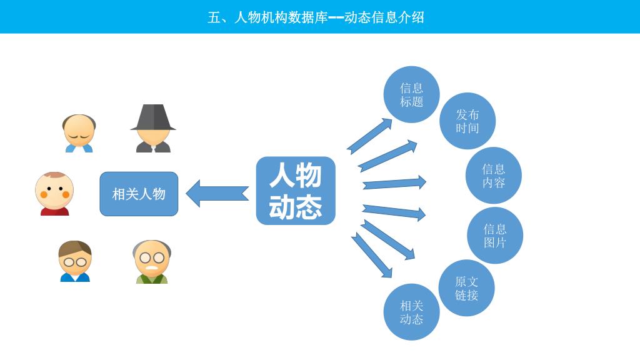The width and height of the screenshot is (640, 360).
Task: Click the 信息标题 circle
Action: [x=411, y=94]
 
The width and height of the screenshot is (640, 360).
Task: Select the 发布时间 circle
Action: [x=467, y=121]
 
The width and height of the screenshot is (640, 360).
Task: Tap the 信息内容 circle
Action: [x=493, y=176]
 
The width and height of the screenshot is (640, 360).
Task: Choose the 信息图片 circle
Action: [x=494, y=236]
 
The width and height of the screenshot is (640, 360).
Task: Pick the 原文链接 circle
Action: [x=466, y=288]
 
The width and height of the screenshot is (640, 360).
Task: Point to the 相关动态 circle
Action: [x=411, y=312]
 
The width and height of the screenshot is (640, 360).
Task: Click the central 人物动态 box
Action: [x=296, y=191]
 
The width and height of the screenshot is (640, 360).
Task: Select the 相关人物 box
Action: [x=139, y=194]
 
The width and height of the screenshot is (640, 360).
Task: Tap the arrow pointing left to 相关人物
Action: [x=217, y=193]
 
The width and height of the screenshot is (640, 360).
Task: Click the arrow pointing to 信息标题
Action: [x=369, y=136]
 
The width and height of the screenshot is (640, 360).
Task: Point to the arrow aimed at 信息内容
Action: [x=394, y=183]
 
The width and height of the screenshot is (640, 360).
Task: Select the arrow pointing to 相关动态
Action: [x=371, y=254]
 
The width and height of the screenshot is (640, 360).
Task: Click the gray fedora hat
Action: [x=153, y=117]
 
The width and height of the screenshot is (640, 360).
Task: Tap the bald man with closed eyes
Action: [x=79, y=133]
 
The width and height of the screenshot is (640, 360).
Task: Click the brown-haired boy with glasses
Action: [x=75, y=261]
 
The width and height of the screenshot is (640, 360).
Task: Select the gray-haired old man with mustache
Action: [x=152, y=262]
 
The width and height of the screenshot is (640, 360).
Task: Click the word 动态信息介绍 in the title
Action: [x=384, y=17]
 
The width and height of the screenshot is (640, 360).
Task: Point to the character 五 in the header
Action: [x=214, y=17]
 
